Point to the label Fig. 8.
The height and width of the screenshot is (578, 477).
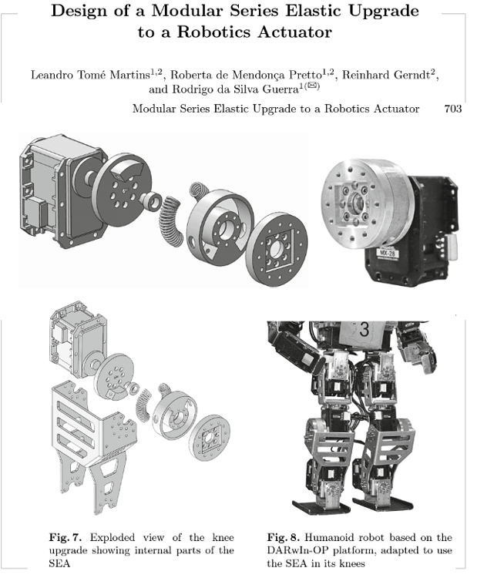(x=283, y=536)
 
